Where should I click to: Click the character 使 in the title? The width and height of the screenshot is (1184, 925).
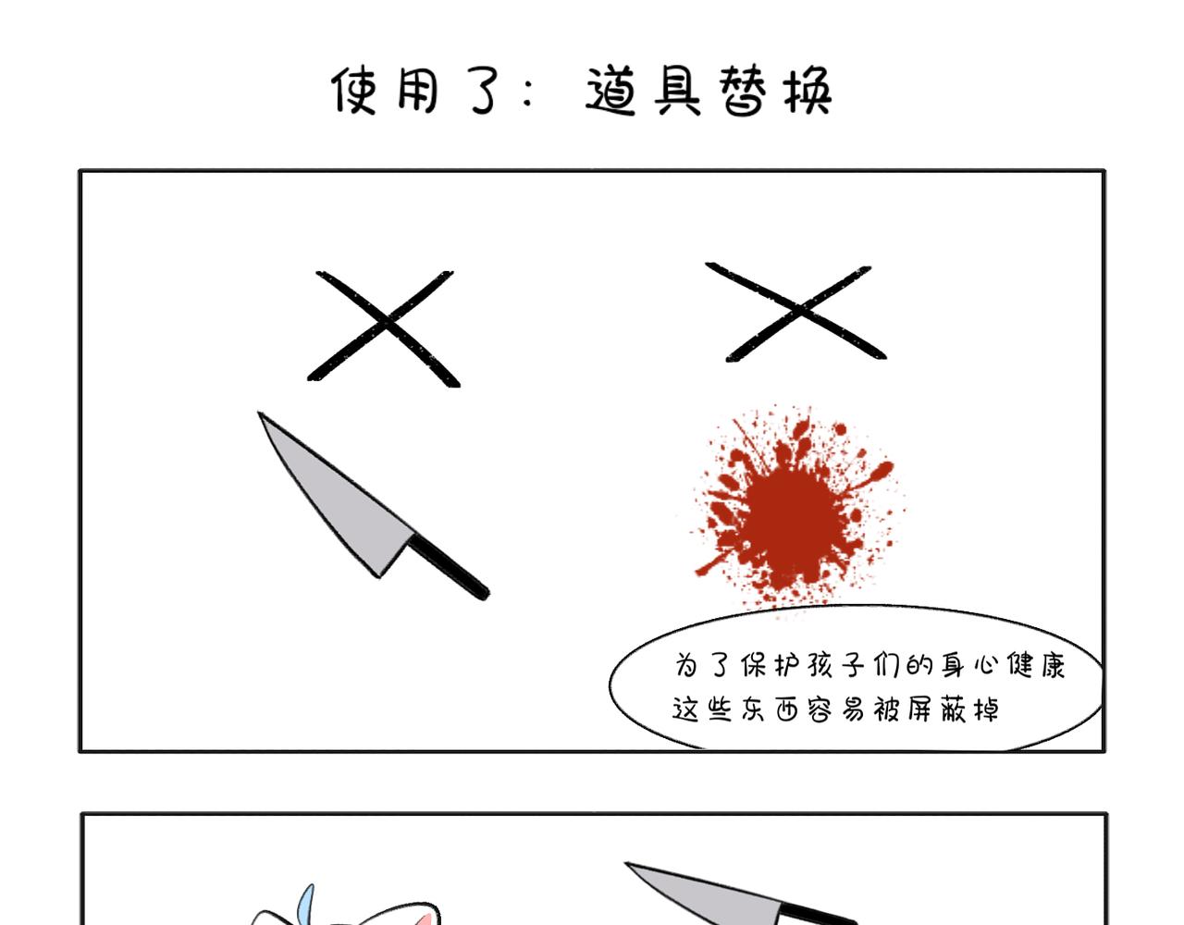coord(354,91)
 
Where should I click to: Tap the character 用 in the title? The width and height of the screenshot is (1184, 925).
coord(418,91)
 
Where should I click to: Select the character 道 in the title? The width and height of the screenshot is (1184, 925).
coord(610,91)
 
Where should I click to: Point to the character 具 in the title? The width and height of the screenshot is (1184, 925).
coord(677,91)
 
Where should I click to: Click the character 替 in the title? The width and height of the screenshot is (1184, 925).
coord(743,91)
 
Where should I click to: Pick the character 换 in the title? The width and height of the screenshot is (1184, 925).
coord(808,91)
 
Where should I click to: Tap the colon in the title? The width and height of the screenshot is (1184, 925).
coord(527,92)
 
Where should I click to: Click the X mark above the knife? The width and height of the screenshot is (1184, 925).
coord(385,328)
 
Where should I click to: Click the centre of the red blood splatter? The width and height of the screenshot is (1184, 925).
coord(793,511)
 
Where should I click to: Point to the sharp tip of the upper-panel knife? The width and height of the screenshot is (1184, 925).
coord(259,413)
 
